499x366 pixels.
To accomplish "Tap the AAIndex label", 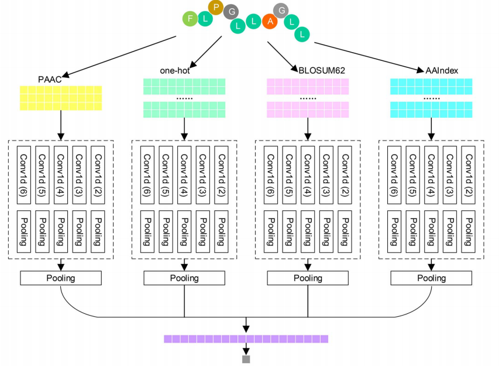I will pyautogui.click(x=442, y=70).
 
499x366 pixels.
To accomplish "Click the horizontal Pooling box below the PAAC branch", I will pyautogui.click(x=61, y=278).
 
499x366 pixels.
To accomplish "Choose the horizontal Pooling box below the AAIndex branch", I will pyautogui.click(x=431, y=278).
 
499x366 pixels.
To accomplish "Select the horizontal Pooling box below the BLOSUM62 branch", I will pyautogui.click(x=308, y=278).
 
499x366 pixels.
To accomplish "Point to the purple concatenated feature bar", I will pyautogui.click(x=246, y=338).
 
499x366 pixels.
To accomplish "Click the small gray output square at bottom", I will pyautogui.click(x=246, y=359).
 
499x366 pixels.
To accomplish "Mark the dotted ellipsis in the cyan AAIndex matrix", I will pyautogui.click(x=431, y=98).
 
